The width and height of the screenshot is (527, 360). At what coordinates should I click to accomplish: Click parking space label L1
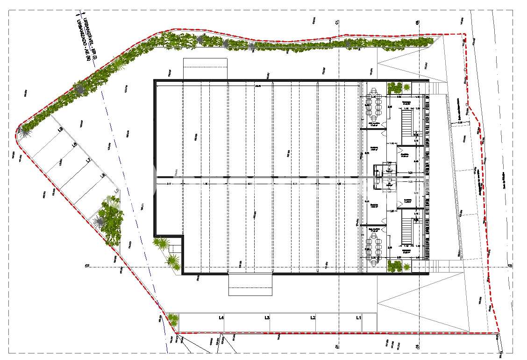click(x=359, y=318)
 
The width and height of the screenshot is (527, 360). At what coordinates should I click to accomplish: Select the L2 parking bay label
click(x=313, y=318)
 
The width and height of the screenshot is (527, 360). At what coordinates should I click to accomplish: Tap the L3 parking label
click(x=267, y=318)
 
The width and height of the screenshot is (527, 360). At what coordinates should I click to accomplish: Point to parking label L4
click(x=221, y=318)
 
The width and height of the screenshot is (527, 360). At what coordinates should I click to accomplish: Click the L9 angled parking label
click(x=60, y=130)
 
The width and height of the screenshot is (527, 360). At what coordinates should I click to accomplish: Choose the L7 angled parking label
click(x=88, y=160)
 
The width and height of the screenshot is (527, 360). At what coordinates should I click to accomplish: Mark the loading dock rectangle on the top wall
click(x=205, y=69)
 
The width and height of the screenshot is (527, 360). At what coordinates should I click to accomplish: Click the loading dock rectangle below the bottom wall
click(x=250, y=285)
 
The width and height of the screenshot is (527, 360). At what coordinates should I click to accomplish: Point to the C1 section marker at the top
click(x=336, y=22)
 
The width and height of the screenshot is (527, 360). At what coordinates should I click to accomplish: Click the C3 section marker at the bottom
click(x=418, y=346)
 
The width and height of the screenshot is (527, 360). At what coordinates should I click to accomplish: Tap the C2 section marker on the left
click(x=87, y=266)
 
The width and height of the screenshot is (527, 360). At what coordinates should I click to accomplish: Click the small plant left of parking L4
click(x=173, y=320)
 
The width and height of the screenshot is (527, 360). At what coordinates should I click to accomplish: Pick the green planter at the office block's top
click(x=395, y=87)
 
